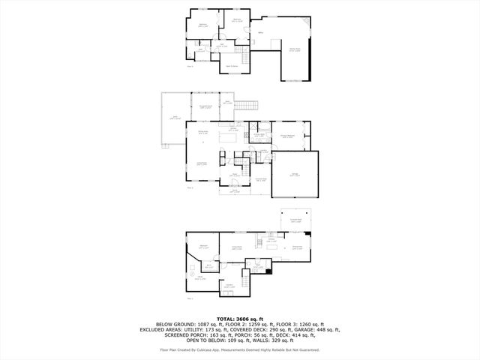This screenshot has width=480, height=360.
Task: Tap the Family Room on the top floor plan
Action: point(295,51)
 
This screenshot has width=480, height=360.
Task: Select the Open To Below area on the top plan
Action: point(232,66)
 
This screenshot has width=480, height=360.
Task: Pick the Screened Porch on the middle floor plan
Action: point(205,107)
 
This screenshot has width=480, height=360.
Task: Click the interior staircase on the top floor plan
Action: point(244,59)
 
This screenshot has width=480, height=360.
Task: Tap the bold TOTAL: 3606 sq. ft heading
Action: point(240,319)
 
